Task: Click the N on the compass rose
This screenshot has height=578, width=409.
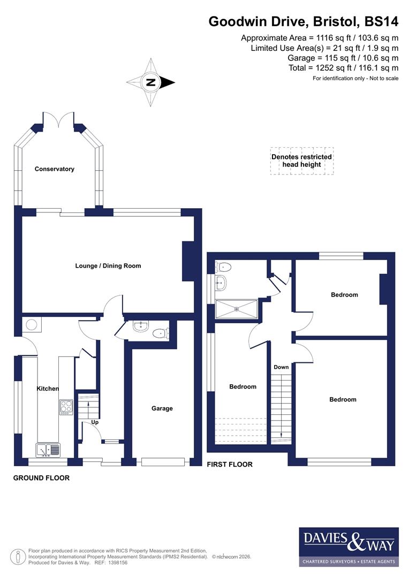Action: pos(151,82)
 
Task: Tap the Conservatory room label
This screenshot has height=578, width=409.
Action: pos(54,169)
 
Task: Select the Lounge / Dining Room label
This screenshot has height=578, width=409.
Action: pos(108,265)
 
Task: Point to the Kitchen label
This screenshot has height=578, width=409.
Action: pos(48,389)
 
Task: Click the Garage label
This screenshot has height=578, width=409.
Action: pos(162,408)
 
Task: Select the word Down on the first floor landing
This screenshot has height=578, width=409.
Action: pos(281,367)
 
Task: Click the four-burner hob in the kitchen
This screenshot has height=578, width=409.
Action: pos(66,407)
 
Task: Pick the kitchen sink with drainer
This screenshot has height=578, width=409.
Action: pos(48,449)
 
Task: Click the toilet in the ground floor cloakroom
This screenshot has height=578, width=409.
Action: pos(160,333)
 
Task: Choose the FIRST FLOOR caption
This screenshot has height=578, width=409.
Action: pos(230,465)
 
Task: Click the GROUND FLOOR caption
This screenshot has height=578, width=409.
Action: pos(41,478)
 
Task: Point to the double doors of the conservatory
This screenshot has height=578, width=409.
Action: pos(59,120)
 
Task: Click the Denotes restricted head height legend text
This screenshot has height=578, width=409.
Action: pos(301,161)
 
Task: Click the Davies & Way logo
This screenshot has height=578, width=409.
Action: pos(349,546)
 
